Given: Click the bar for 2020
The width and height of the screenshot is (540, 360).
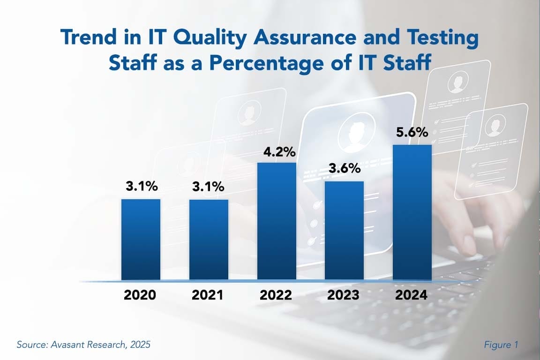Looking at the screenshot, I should [x=141, y=240].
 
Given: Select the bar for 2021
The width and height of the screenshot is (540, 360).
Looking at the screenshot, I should [x=209, y=240].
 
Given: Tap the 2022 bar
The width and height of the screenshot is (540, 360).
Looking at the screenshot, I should [x=277, y=221].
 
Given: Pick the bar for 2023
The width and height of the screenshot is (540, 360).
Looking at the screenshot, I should [x=344, y=231].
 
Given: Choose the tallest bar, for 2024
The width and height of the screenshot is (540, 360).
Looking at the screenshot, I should [x=412, y=212].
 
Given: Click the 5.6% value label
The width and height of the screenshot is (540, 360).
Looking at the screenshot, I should [x=412, y=132].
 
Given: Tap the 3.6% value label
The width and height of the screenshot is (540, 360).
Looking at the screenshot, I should [x=344, y=168].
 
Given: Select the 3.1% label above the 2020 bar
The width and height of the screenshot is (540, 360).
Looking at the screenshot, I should [x=142, y=186].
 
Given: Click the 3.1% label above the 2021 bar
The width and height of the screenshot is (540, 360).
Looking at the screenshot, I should [x=208, y=187].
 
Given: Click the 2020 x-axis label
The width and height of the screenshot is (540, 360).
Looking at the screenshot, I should [x=140, y=295].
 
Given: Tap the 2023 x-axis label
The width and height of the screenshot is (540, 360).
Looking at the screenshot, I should [x=344, y=295].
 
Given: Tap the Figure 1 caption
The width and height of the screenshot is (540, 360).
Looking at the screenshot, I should [x=501, y=345].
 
